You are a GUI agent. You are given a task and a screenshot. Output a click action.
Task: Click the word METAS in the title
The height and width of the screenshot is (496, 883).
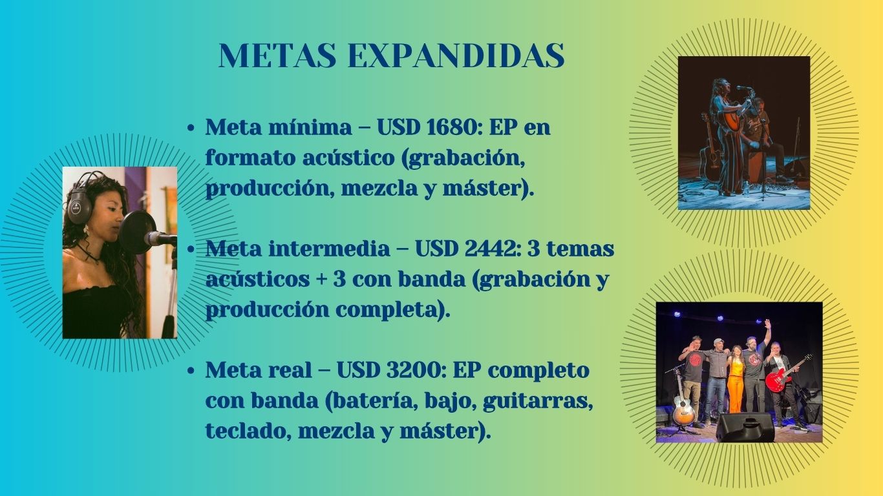277,56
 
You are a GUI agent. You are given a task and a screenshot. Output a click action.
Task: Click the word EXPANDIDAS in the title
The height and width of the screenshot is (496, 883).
456,56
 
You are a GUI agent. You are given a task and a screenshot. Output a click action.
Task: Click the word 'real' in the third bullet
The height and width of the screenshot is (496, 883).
290,370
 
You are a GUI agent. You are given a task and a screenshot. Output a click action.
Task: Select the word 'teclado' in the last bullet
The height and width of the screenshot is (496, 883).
248,431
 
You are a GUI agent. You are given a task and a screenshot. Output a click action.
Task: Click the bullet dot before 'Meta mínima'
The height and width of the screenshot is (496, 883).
191,129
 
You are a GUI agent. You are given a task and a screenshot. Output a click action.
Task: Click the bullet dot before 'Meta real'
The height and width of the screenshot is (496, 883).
191,371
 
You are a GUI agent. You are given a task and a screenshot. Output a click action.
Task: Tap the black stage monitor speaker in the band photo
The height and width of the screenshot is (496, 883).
745,427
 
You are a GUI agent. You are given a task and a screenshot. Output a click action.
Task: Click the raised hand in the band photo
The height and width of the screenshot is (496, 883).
767,324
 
